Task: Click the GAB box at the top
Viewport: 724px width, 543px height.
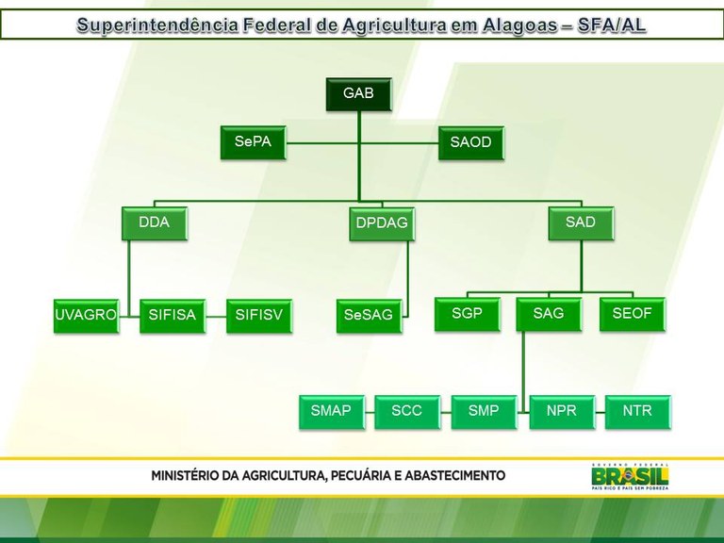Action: [x=358, y=94]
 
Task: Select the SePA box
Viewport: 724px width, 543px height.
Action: [x=253, y=142]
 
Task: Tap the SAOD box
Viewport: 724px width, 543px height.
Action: [x=470, y=142]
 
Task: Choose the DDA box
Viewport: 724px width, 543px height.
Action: [x=154, y=223]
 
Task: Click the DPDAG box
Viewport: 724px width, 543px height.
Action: [x=382, y=224]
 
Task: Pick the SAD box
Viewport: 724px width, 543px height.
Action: [x=580, y=223]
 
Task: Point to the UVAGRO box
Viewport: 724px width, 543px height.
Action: [x=86, y=315]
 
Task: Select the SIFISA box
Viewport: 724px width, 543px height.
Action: [x=173, y=315]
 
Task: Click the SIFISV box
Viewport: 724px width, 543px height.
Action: [x=259, y=315]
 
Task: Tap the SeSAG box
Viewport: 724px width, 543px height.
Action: [x=369, y=315]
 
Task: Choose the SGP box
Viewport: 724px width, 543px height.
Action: [x=467, y=314]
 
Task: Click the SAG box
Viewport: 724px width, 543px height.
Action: [x=548, y=314]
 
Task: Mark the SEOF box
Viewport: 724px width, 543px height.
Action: [x=632, y=314]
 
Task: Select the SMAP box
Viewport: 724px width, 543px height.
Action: [x=331, y=411]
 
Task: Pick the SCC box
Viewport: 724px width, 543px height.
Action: [x=407, y=411]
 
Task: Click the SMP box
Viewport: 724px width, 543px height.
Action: [x=484, y=411]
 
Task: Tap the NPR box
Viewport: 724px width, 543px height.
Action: [x=561, y=411]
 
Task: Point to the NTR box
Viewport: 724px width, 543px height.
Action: [x=637, y=411]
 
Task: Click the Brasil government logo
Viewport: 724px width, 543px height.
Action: [x=629, y=477]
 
